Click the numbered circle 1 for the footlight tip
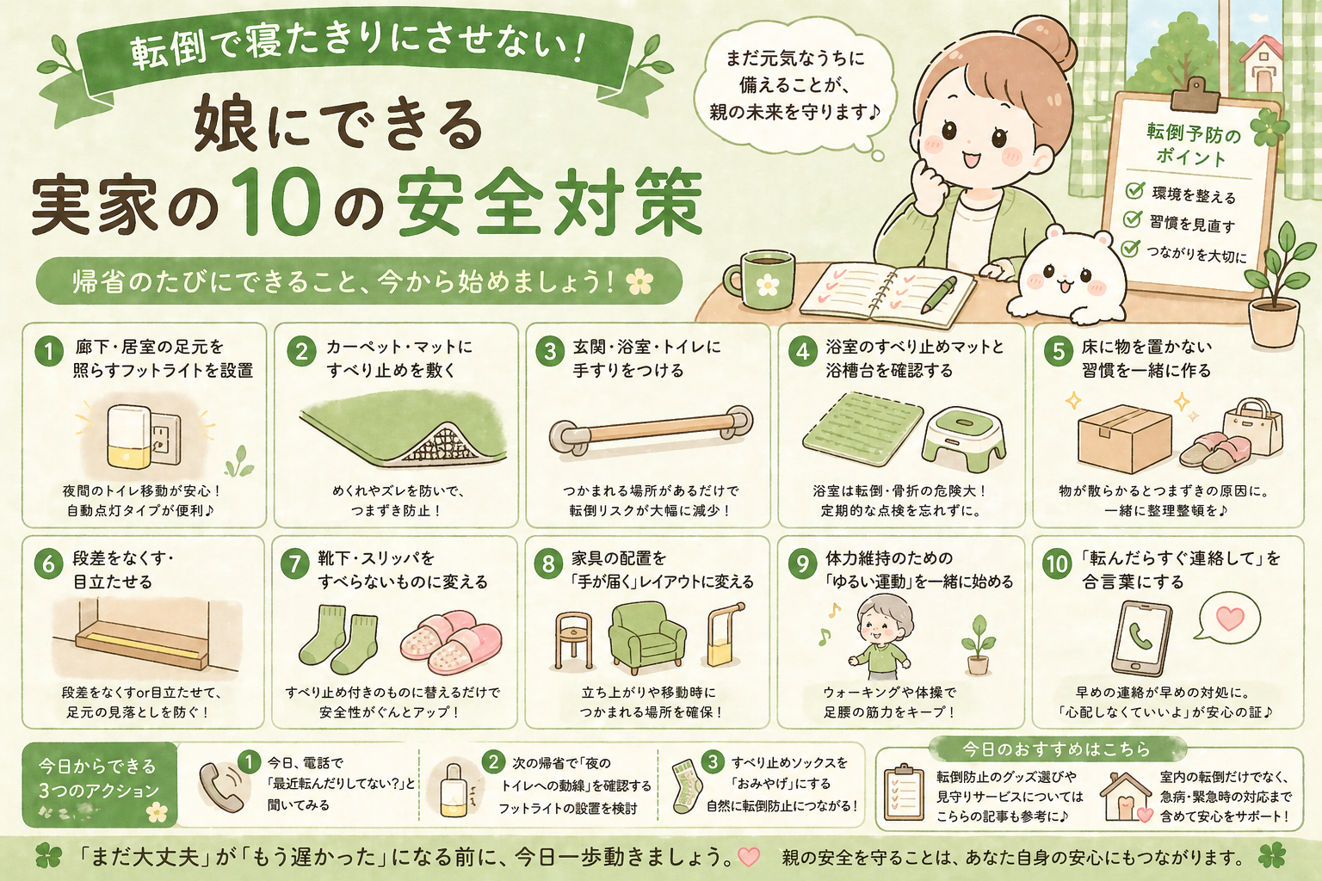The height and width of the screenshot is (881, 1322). pos(48,352)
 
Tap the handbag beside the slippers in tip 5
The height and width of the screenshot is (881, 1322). pos(1252,426)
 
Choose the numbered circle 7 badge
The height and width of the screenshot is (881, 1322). pos(294,564)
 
